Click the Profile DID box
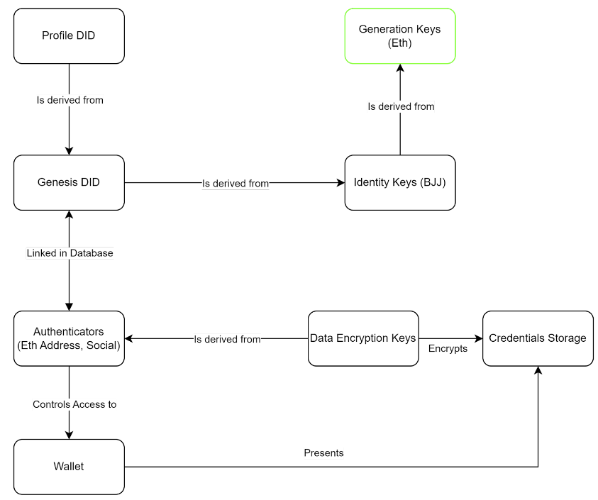coord(69,36)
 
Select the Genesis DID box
coord(69,183)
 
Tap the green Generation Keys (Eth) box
coord(400,36)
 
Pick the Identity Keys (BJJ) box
coord(400,183)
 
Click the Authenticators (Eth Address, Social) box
coord(69,339)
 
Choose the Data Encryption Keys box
coord(363,339)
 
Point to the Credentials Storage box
coord(538,339)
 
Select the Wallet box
coord(69,467)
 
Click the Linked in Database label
coord(70,253)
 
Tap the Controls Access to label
coord(74,404)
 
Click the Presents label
coord(323,452)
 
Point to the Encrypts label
coord(448,349)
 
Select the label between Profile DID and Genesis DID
coord(70,100)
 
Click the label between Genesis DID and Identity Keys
coord(236,184)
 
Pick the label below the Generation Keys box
coord(401,106)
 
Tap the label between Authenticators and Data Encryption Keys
coord(227,339)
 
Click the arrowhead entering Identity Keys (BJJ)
coord(340,183)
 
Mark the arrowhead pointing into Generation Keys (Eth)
coord(400,68)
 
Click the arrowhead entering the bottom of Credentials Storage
coord(538,371)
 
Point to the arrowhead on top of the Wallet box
coord(69,435)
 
